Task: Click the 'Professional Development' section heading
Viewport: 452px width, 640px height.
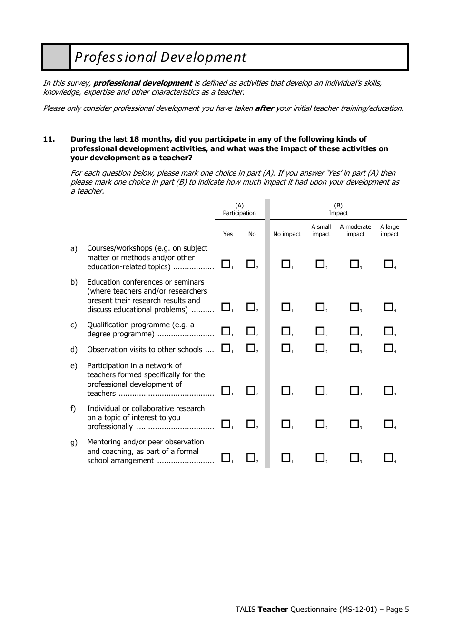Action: click(160, 57)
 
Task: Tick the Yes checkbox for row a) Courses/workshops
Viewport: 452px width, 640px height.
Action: click(226, 264)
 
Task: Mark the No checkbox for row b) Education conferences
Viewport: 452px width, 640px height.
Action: click(251, 307)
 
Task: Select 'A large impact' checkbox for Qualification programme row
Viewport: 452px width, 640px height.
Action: click(389, 331)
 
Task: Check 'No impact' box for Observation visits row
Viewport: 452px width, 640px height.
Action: click(285, 348)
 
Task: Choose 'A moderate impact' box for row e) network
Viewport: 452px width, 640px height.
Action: click(354, 391)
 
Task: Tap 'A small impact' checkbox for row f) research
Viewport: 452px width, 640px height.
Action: click(320, 423)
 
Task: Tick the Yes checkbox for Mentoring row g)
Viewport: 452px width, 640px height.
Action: click(226, 458)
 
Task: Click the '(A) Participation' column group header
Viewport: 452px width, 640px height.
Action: click(239, 209)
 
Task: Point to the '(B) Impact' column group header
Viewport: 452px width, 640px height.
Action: click(338, 209)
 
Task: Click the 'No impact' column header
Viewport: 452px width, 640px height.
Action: click(287, 234)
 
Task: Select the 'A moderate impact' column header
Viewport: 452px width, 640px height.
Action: click(355, 230)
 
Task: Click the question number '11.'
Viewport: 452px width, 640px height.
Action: click(49, 139)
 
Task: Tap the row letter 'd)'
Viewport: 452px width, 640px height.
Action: click(74, 350)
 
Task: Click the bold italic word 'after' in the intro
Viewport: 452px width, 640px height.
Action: click(264, 108)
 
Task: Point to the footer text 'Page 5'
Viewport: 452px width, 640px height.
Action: click(397, 610)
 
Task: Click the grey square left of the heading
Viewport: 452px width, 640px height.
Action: click(56, 57)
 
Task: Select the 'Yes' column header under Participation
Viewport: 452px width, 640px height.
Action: click(228, 234)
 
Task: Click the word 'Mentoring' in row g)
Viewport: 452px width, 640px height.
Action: click(106, 442)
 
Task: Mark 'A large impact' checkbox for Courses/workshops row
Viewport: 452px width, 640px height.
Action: click(389, 264)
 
